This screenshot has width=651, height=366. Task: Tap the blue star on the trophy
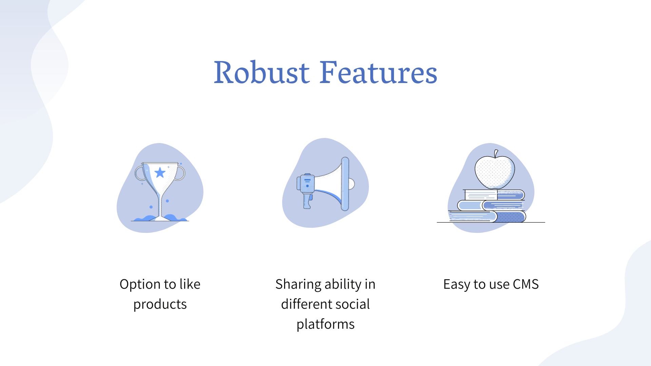[160, 173]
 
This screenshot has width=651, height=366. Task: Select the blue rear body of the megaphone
[306, 183]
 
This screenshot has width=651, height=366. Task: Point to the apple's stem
[496, 154]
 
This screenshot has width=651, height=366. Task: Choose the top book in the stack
[494, 195]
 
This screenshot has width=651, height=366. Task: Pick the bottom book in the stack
[487, 216]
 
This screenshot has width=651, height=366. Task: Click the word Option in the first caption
[140, 284]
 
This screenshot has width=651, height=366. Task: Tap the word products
[160, 304]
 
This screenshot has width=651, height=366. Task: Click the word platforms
[325, 324]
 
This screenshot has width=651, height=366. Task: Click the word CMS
[526, 284]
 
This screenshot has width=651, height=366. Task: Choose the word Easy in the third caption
[456, 285]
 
